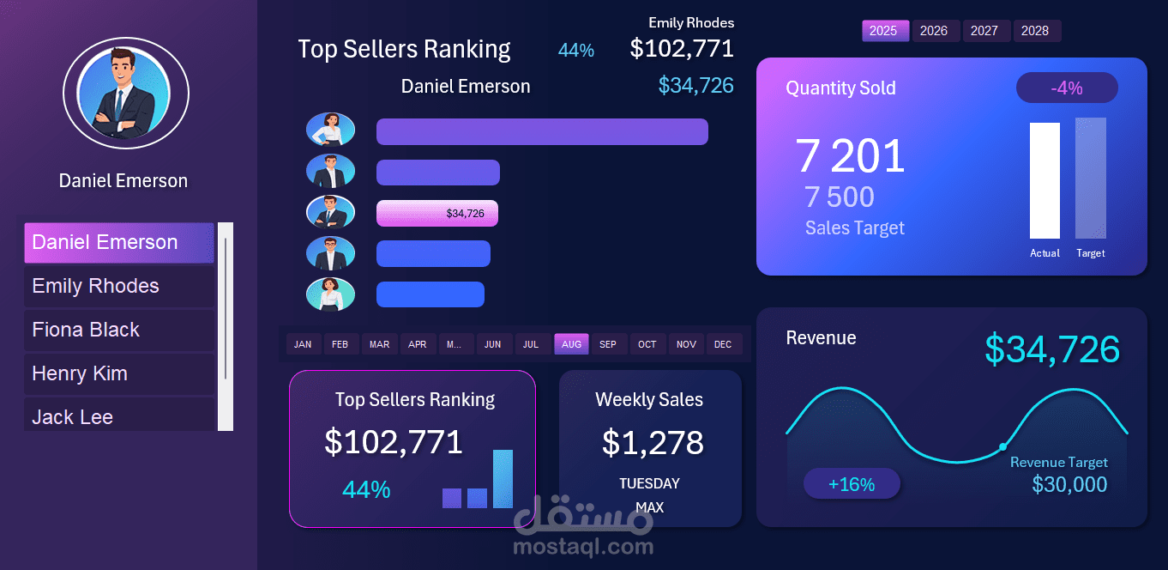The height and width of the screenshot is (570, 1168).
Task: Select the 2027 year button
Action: click(x=984, y=31)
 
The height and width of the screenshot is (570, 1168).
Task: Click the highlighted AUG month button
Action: click(x=571, y=344)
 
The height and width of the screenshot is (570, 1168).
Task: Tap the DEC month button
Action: click(x=723, y=344)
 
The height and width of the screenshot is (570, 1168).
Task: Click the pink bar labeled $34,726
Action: click(x=437, y=213)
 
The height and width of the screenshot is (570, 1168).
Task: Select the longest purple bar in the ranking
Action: click(x=542, y=131)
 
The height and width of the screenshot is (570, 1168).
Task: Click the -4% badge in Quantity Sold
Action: click(x=1067, y=88)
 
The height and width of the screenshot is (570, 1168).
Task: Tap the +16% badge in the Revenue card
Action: click(x=852, y=484)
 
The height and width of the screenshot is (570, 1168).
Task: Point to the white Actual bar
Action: click(x=1045, y=180)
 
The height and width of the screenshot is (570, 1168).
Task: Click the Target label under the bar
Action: click(x=1091, y=253)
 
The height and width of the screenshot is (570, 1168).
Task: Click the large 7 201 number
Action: click(x=850, y=156)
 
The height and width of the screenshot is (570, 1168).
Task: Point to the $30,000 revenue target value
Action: click(x=1069, y=484)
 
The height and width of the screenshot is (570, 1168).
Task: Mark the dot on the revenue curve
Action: click(x=1002, y=446)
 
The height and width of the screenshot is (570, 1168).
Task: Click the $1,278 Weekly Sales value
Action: click(x=653, y=442)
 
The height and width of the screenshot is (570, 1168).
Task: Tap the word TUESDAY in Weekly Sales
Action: click(x=649, y=483)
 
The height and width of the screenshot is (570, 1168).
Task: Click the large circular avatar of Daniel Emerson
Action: click(x=126, y=94)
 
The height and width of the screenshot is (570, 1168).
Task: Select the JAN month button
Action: click(x=303, y=344)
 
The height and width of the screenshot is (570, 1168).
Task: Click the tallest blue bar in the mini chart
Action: click(x=503, y=479)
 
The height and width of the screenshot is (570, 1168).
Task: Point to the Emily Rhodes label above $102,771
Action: click(x=691, y=23)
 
